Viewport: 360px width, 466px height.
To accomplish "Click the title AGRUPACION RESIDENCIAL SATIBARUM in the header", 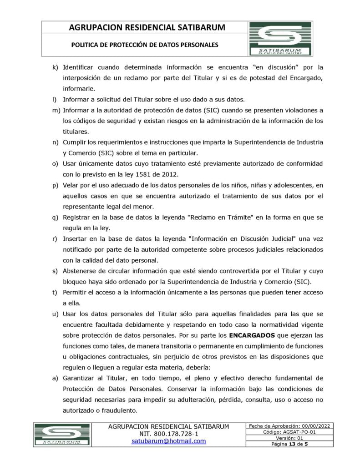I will tap(147, 28).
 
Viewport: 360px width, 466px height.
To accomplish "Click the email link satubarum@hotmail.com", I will tap(168, 441).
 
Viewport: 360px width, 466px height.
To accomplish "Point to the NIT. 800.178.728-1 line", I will tap(168, 434).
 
